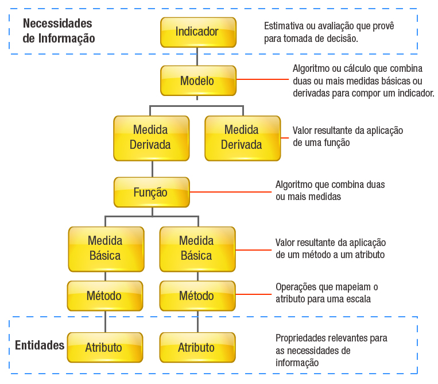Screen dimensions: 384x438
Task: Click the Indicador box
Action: [x=197, y=32]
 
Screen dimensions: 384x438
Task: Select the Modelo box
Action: [x=197, y=80]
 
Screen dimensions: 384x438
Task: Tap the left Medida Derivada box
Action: [x=151, y=138]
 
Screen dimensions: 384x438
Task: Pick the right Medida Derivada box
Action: [x=242, y=138]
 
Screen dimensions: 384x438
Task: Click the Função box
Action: [x=151, y=193]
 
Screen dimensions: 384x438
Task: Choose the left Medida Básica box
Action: [x=105, y=248]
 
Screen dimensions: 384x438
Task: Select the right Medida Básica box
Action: [x=197, y=248]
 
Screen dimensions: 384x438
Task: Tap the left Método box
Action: [x=104, y=296]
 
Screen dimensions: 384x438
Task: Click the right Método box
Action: [x=197, y=296]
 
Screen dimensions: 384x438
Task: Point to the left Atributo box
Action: [x=104, y=347]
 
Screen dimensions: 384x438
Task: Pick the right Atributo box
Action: [x=197, y=347]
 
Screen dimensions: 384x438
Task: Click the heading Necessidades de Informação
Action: [x=58, y=31]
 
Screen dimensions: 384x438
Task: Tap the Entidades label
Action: [x=39, y=345]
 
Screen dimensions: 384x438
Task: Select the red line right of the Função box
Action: [x=230, y=191]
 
